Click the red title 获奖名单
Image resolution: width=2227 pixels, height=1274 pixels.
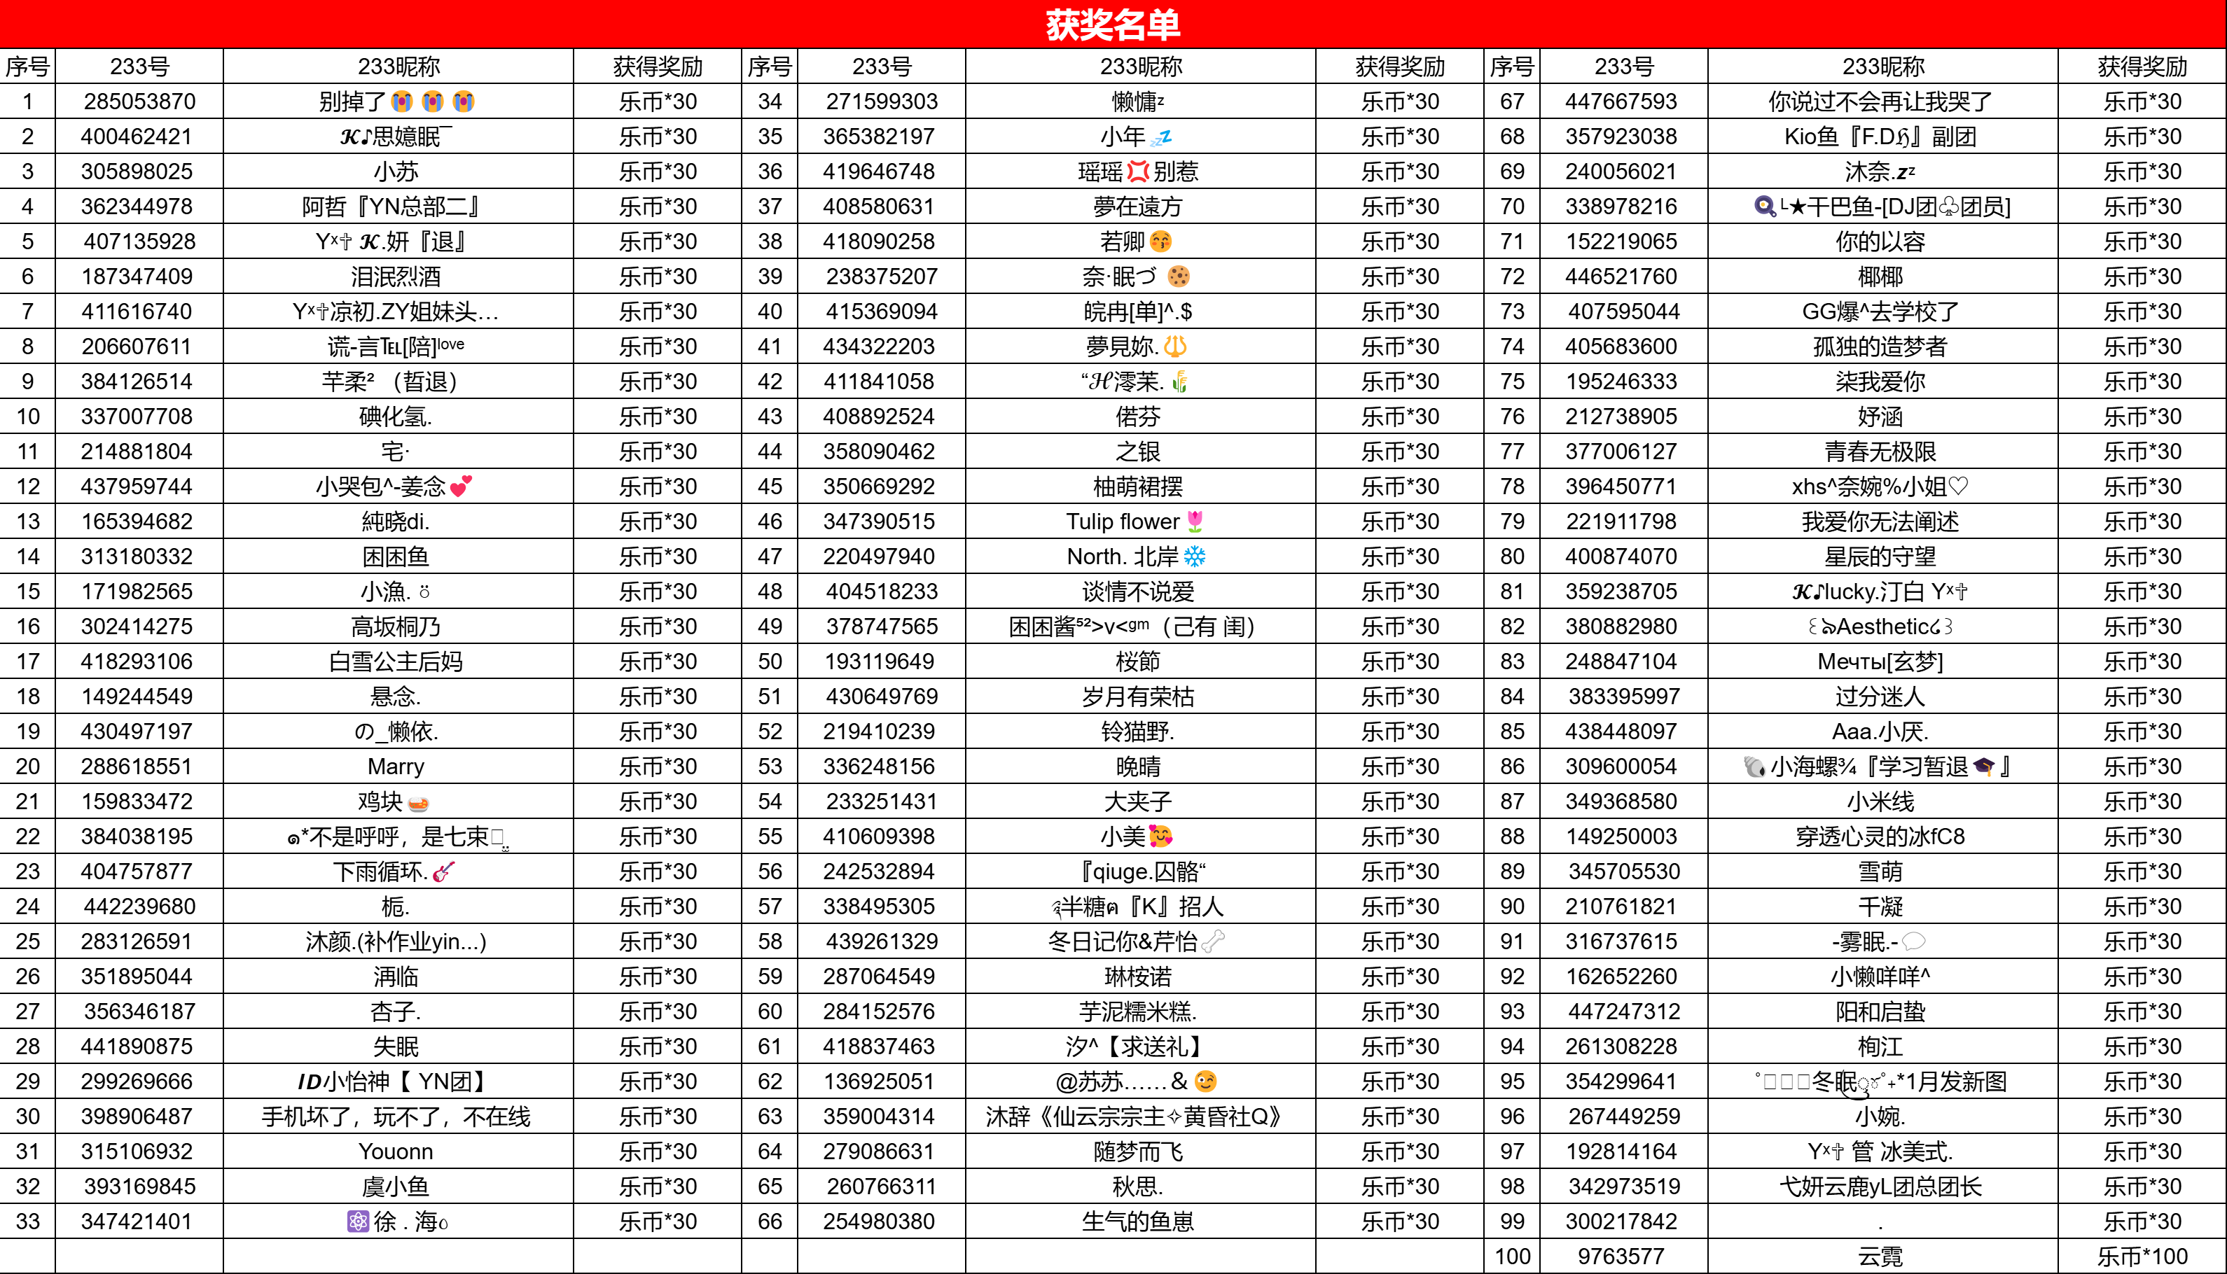[x=1113, y=24]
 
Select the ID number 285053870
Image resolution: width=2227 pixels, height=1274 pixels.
[x=139, y=101]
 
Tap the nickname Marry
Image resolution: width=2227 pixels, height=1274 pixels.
[x=396, y=766]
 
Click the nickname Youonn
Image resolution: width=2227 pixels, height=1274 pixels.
[x=396, y=1151]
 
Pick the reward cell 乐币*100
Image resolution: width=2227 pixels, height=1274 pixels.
[x=2142, y=1256]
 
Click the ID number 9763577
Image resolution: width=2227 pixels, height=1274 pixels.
[x=1621, y=1256]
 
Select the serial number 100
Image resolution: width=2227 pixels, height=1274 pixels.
[x=1512, y=1256]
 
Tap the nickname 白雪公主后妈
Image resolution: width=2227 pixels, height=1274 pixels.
[x=396, y=661]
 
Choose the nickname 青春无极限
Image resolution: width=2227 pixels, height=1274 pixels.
[x=1880, y=451]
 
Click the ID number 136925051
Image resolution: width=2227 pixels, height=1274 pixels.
[x=879, y=1081]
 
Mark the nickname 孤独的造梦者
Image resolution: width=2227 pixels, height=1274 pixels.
[x=1880, y=346]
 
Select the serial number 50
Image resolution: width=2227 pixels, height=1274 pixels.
[x=770, y=661]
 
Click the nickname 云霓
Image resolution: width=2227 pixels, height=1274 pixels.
[x=1880, y=1256]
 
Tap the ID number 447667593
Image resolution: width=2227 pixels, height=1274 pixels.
[x=1621, y=101]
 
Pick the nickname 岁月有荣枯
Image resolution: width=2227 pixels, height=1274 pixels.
[x=1138, y=696]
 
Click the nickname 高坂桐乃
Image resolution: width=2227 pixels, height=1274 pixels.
[x=396, y=626]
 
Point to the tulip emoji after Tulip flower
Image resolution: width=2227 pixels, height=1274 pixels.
[x=1195, y=521]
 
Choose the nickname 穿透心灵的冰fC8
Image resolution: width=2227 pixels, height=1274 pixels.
[x=1880, y=836]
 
